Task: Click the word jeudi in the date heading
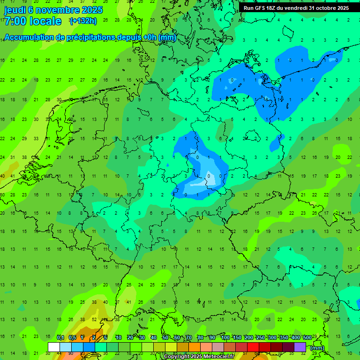pyautogui.click(x=15, y=9)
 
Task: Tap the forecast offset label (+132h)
pyautogui.click(x=82, y=21)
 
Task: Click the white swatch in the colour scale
pyautogui.click(x=54, y=347)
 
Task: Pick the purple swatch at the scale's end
pyautogui.click(x=300, y=347)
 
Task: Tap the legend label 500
pyautogui.click(x=307, y=337)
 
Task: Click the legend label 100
pyautogui.click(x=225, y=337)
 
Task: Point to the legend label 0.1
pyautogui.click(x=60, y=337)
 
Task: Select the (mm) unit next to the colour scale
pyautogui.click(x=317, y=348)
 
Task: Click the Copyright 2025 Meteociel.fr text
pyautogui.click(x=202, y=357)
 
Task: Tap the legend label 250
pyautogui.click(x=260, y=337)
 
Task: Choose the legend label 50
pyautogui.click(x=165, y=337)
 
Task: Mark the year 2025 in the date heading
pyautogui.click(x=91, y=9)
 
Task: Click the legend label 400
pyautogui.click(x=295, y=337)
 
